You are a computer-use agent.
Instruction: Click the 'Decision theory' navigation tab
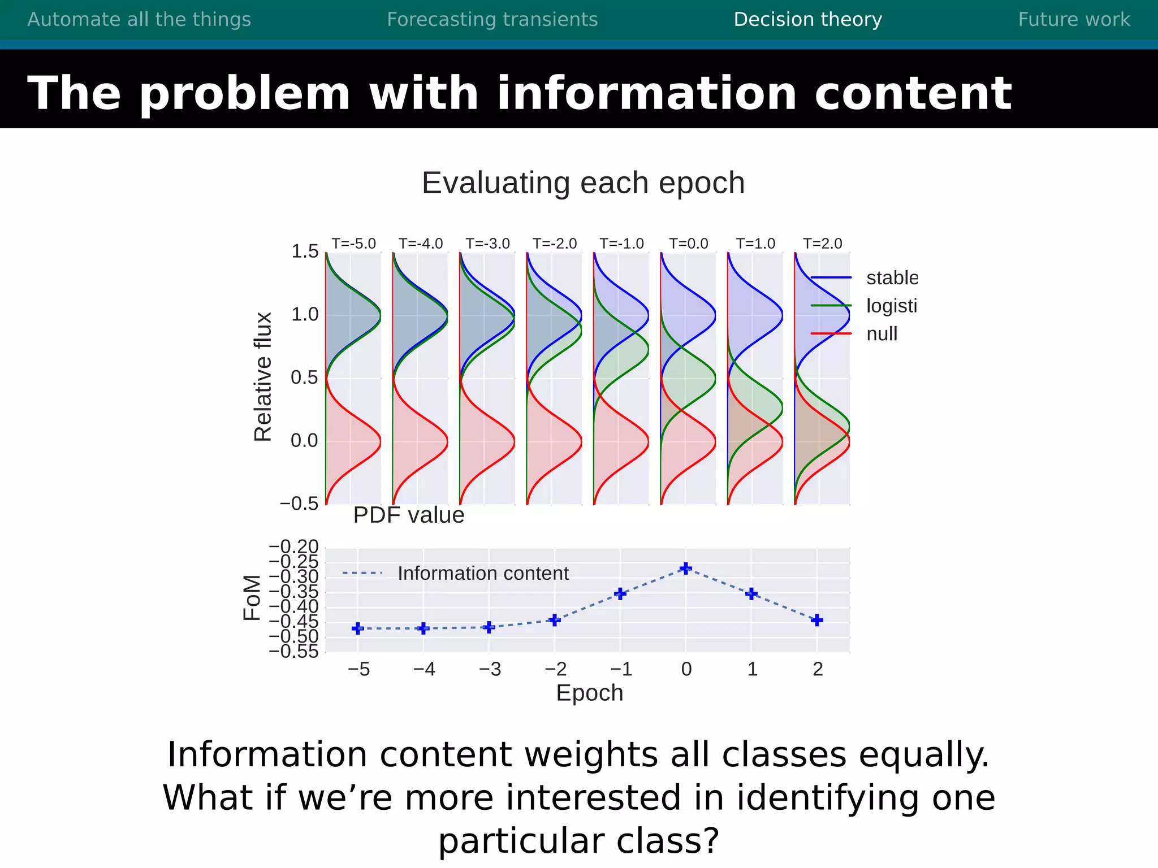tap(807, 20)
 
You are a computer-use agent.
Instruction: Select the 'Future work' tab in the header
tap(1074, 20)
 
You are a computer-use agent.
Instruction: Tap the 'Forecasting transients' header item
tap(492, 20)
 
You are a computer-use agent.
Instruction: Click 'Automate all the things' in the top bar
tap(139, 20)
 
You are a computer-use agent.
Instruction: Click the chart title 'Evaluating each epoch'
tap(583, 183)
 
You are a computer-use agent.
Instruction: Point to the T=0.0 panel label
tap(688, 244)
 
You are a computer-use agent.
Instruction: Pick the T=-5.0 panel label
tap(353, 244)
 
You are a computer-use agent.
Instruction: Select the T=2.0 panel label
tap(822, 244)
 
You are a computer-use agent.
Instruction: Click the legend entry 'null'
tap(882, 334)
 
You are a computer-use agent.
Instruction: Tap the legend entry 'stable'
tap(891, 278)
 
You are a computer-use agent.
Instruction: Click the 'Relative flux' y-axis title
tap(263, 377)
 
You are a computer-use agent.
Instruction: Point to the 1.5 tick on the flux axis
tap(305, 251)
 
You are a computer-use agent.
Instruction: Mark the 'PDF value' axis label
tap(408, 515)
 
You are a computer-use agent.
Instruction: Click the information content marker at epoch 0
tap(686, 568)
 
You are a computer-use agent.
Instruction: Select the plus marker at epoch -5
tap(358, 628)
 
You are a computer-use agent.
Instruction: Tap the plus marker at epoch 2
tap(816, 620)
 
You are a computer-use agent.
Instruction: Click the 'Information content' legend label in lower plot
tap(483, 574)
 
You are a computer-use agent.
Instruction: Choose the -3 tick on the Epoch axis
tap(490, 670)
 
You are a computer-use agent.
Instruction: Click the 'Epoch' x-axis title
tap(589, 693)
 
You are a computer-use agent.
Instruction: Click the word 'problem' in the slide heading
tap(244, 94)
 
